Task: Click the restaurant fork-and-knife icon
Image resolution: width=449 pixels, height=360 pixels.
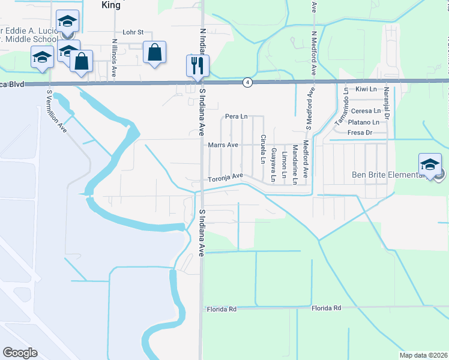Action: pyautogui.click(x=197, y=64)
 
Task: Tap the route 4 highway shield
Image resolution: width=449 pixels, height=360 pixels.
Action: pyautogui.click(x=247, y=82)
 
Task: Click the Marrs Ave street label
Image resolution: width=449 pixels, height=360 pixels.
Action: pyautogui.click(x=223, y=145)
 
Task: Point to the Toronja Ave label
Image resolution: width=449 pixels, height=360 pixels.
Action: pyautogui.click(x=225, y=178)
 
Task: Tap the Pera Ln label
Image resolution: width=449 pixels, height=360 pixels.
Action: pyautogui.click(x=236, y=116)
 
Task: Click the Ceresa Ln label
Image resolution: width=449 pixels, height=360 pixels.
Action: pyautogui.click(x=366, y=111)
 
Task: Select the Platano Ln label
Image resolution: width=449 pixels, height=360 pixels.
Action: pyautogui.click(x=367, y=122)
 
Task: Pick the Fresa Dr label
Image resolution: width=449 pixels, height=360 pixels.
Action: pyautogui.click(x=360, y=133)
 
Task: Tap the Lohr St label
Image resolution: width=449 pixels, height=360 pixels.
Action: pyautogui.click(x=133, y=32)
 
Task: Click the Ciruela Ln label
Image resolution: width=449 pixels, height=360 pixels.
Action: pyautogui.click(x=263, y=149)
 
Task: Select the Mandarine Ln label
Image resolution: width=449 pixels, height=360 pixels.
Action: pyautogui.click(x=295, y=164)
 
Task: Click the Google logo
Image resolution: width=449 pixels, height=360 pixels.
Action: pyautogui.click(x=20, y=353)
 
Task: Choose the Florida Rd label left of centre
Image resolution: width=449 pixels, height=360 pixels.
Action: pyautogui.click(x=222, y=308)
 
